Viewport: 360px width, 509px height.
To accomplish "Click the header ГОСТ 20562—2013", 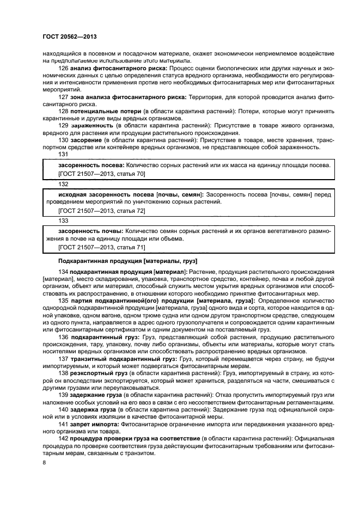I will pyautogui.click(x=66, y=36).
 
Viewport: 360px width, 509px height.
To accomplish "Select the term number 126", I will pyautogui.click(x=63, y=68).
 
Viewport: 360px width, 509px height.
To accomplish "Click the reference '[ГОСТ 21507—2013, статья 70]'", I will pyautogui.click(x=101, y=173).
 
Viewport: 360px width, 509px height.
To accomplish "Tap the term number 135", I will pyautogui.click(x=63, y=301).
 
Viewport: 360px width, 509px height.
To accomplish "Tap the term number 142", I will pyautogui.click(x=63, y=438).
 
